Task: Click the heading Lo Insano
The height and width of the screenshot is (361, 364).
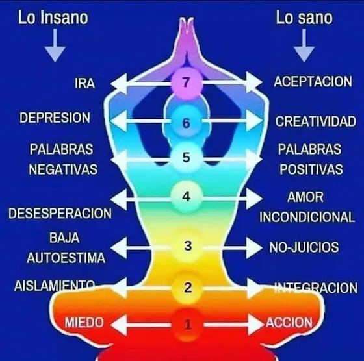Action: point(53,18)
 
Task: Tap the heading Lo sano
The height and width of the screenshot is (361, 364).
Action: point(304,18)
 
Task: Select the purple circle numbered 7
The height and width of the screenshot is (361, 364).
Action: point(187,83)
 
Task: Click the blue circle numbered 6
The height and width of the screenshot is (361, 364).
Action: point(187,122)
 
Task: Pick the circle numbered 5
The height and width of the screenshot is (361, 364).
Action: point(187,157)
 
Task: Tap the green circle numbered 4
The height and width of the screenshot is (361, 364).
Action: point(187,197)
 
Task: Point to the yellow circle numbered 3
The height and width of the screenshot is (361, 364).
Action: point(188,246)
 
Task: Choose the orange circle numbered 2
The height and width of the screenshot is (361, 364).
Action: point(188,288)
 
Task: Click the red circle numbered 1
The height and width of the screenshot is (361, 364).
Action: point(188,325)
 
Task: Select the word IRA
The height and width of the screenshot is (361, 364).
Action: point(84,84)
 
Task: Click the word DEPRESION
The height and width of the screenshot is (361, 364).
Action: point(55,118)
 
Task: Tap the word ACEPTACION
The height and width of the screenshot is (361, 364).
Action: point(313,82)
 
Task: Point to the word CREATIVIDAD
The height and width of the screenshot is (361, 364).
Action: point(316,121)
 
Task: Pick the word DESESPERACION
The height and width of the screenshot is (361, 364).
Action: point(60,214)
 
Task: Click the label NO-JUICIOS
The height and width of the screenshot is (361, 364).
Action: point(304,247)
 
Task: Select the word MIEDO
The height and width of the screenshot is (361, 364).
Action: point(84,322)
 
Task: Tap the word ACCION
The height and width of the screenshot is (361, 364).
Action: point(289,322)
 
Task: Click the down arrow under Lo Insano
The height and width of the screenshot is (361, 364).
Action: point(55,45)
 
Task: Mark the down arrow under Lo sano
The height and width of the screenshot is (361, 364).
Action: point(304,45)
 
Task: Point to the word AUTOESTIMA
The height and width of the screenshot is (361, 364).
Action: point(66,258)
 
